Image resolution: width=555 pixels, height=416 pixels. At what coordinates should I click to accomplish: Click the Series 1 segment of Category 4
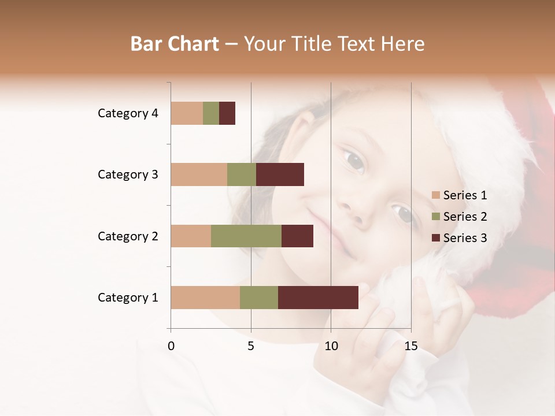[x=187, y=113]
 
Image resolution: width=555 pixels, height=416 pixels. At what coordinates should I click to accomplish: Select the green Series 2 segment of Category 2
[x=246, y=236]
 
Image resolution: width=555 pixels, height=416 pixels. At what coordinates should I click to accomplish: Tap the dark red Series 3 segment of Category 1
[x=318, y=297]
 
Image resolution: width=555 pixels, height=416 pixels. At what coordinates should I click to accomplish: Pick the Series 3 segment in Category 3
[x=280, y=174]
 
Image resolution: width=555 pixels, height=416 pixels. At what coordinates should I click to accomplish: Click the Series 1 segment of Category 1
[x=205, y=297]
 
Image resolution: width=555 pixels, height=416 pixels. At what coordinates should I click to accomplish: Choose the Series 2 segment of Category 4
[x=211, y=113]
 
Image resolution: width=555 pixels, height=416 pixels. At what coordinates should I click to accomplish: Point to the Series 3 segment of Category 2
[x=297, y=236]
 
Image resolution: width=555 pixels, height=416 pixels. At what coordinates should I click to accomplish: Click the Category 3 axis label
[x=128, y=174]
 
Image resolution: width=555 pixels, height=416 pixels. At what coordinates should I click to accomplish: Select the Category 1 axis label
[x=128, y=298]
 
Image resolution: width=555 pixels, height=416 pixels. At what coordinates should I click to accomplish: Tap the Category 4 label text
[x=128, y=113]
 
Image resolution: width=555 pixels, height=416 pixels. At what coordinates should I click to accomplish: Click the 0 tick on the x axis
[x=171, y=346]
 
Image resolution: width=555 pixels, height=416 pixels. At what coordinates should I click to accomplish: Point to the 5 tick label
[x=251, y=346]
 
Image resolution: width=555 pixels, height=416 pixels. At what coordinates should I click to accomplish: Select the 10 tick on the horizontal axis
[x=331, y=346]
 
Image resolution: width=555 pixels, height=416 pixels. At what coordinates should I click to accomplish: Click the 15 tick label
[x=410, y=346]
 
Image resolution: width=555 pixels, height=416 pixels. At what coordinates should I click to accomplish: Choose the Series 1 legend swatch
[x=435, y=195]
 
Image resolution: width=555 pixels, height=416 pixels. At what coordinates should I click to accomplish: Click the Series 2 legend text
[x=465, y=217]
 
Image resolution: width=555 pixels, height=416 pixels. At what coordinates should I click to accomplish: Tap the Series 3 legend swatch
[x=435, y=238]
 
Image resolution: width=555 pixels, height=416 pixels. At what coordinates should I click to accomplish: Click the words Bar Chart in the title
[x=175, y=44]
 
